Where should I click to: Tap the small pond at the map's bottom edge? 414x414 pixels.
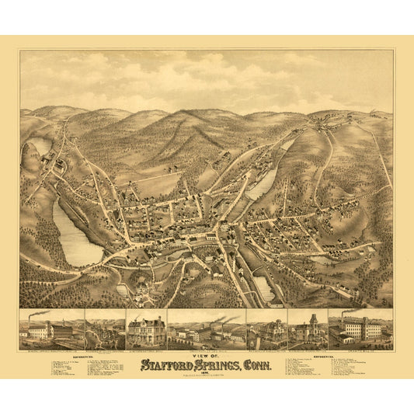coord(263,289)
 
